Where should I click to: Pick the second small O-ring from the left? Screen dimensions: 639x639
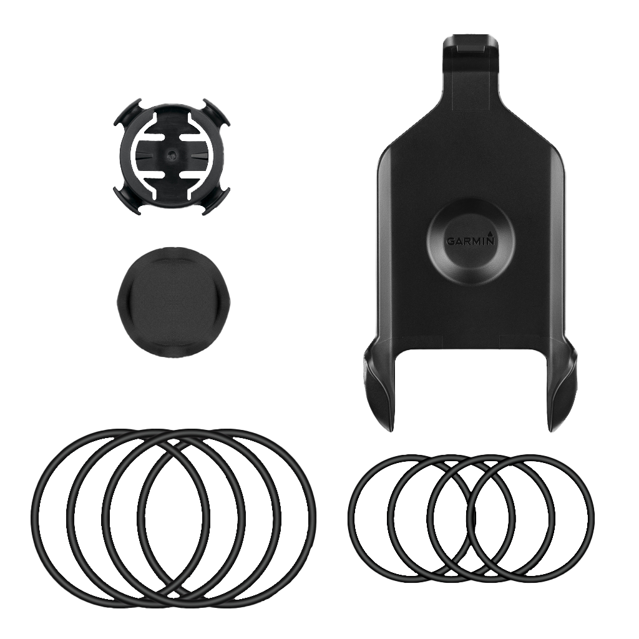tap(390, 518)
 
